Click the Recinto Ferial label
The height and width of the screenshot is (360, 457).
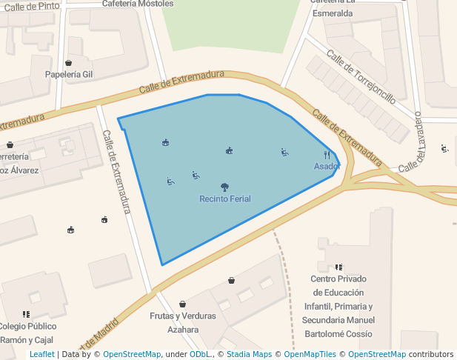(224, 199)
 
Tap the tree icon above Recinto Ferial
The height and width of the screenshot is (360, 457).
(224, 187)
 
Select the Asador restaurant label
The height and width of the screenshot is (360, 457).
(327, 166)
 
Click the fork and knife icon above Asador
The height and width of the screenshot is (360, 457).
(327, 155)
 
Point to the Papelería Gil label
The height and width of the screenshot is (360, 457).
(69, 74)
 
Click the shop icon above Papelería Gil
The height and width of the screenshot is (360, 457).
(69, 63)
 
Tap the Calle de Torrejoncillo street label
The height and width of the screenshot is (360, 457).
(361, 77)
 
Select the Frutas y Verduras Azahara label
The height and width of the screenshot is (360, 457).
(183, 322)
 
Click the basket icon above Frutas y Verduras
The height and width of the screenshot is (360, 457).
(182, 304)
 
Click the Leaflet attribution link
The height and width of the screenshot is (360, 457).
(42, 354)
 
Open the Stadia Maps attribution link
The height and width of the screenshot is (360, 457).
(249, 354)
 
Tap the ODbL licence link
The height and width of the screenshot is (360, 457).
(199, 354)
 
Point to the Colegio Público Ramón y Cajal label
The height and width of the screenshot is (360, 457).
(27, 333)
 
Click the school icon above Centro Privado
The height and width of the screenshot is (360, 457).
(338, 267)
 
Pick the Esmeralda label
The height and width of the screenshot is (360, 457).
(332, 13)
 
